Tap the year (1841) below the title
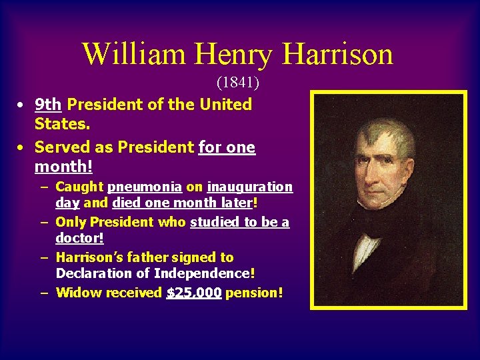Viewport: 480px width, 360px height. pos(237,83)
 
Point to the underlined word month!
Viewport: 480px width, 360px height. pos(63,167)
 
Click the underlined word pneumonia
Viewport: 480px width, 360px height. pos(145,187)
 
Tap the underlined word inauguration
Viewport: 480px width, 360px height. pos(250,187)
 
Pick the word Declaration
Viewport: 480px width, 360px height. pos(103,273)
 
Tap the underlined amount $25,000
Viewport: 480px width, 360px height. pos(193,293)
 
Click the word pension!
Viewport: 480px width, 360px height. pos(254,293)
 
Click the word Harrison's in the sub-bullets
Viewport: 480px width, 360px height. pos(93,257)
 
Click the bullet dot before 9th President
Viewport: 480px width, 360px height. pos(22,105)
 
